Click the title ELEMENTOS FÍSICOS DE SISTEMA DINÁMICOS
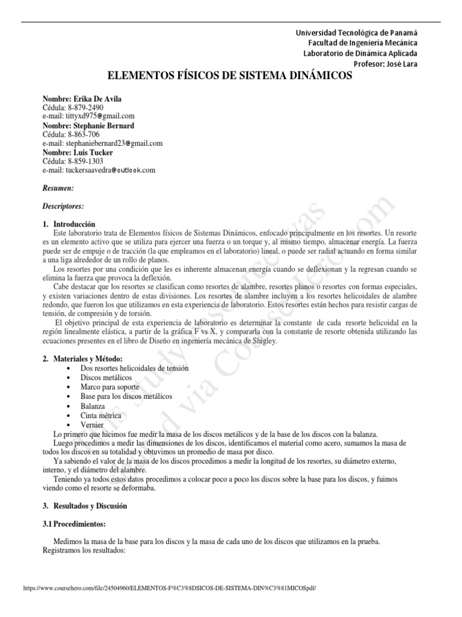[x=229, y=77]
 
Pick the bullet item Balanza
[x=93, y=407]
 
